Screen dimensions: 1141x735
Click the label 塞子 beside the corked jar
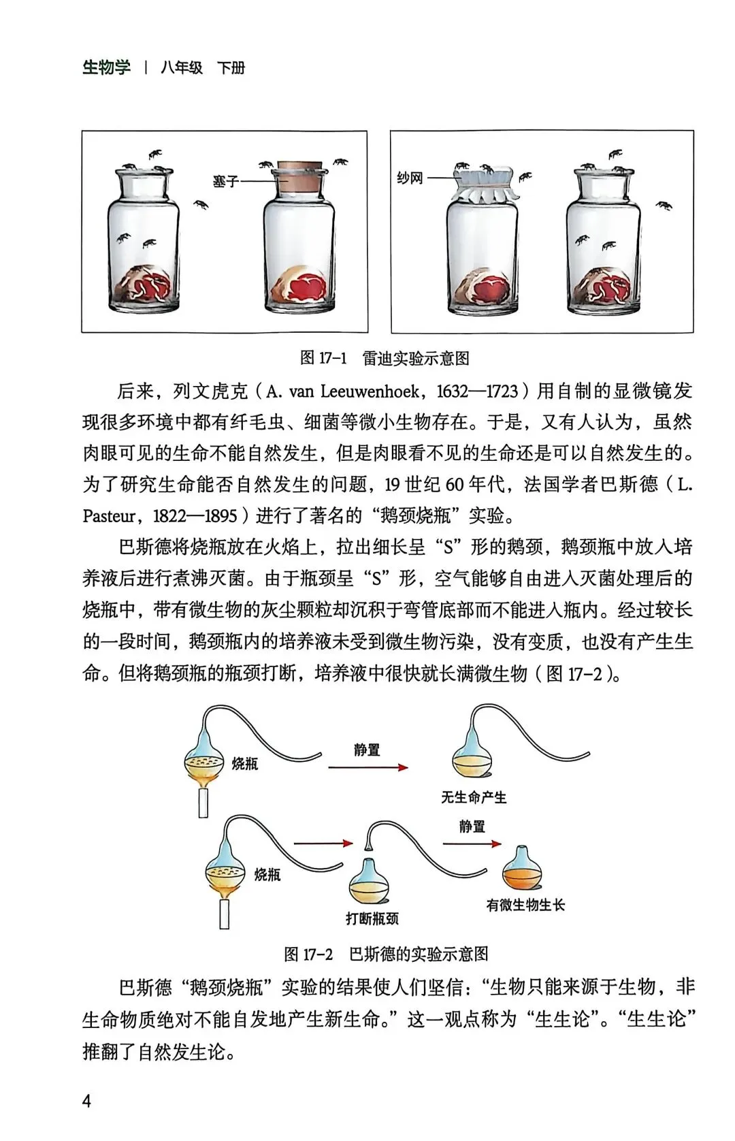[x=225, y=182]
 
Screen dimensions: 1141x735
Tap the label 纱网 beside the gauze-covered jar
[x=410, y=178]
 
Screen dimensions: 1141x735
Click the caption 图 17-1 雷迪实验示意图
[x=385, y=358]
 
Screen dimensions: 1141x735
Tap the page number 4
[x=86, y=1101]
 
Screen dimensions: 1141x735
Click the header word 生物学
[x=106, y=68]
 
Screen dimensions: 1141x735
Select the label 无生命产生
[x=474, y=797]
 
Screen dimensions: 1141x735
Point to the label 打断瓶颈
[x=372, y=918]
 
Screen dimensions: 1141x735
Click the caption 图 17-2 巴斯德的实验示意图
[x=386, y=954]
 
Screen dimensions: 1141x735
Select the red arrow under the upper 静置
[x=368, y=767]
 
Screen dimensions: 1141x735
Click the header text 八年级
[x=182, y=68]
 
